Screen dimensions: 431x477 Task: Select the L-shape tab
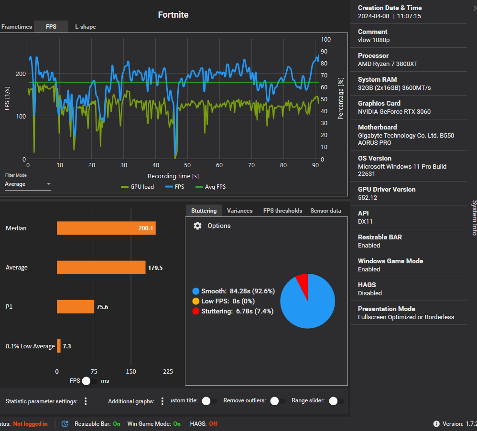86,27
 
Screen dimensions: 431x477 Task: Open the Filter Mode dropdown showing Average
28,184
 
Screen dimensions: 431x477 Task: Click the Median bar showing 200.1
106,228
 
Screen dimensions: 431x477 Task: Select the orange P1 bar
76,307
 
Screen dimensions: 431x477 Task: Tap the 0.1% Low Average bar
59,346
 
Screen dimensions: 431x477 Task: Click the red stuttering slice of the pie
302,280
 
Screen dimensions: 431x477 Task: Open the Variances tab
239,211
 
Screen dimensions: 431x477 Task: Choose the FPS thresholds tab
282,211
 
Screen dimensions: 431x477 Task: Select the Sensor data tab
325,211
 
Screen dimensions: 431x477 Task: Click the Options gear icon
197,226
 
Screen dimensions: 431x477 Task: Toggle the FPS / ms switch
89,381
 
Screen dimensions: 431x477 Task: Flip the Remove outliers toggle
277,401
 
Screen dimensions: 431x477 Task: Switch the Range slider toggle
336,401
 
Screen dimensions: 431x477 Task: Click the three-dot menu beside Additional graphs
163,401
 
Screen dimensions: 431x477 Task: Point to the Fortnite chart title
173,15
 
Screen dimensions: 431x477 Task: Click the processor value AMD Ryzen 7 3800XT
388,64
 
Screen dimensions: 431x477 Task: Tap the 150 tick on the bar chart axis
131,371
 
